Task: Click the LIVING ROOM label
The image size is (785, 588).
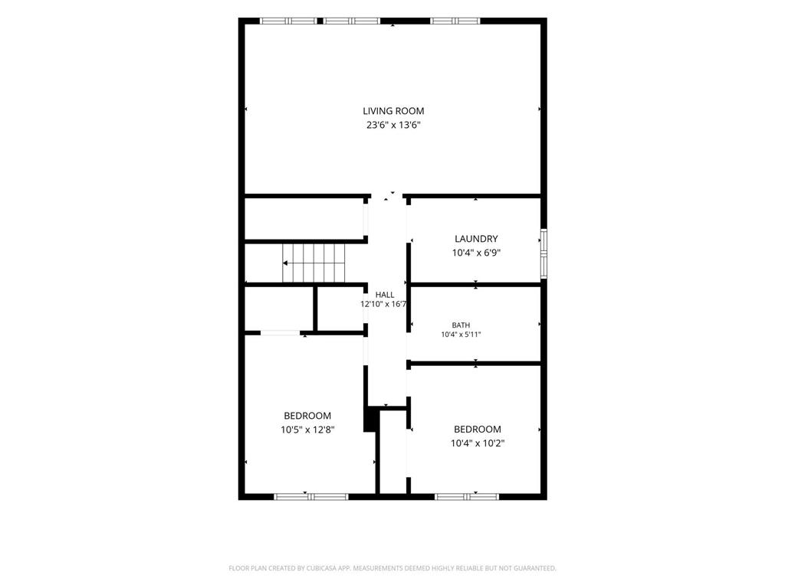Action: coord(393,111)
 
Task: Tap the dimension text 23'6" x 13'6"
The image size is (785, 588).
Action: coord(393,125)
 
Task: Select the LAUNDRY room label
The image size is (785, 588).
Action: coord(476,239)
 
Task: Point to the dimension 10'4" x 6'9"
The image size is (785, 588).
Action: coord(476,253)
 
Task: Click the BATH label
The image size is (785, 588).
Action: coord(461,325)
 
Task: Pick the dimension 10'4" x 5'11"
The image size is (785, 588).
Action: coord(461,335)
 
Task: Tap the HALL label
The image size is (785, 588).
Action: coord(385,295)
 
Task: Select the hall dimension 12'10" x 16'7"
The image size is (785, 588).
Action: coord(383,304)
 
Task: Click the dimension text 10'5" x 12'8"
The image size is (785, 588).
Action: coord(307,430)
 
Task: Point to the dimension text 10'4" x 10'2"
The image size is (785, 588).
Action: coord(477,443)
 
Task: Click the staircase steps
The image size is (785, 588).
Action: coord(314,263)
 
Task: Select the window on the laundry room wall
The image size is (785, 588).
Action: coord(544,253)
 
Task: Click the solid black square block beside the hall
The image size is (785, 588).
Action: coord(370,420)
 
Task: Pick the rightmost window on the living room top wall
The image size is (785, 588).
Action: coord(455,21)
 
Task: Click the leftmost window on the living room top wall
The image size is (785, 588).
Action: coord(288,21)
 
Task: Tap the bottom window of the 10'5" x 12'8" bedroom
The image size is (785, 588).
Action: coord(311,496)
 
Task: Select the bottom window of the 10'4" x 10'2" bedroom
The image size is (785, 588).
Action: coord(467,496)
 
